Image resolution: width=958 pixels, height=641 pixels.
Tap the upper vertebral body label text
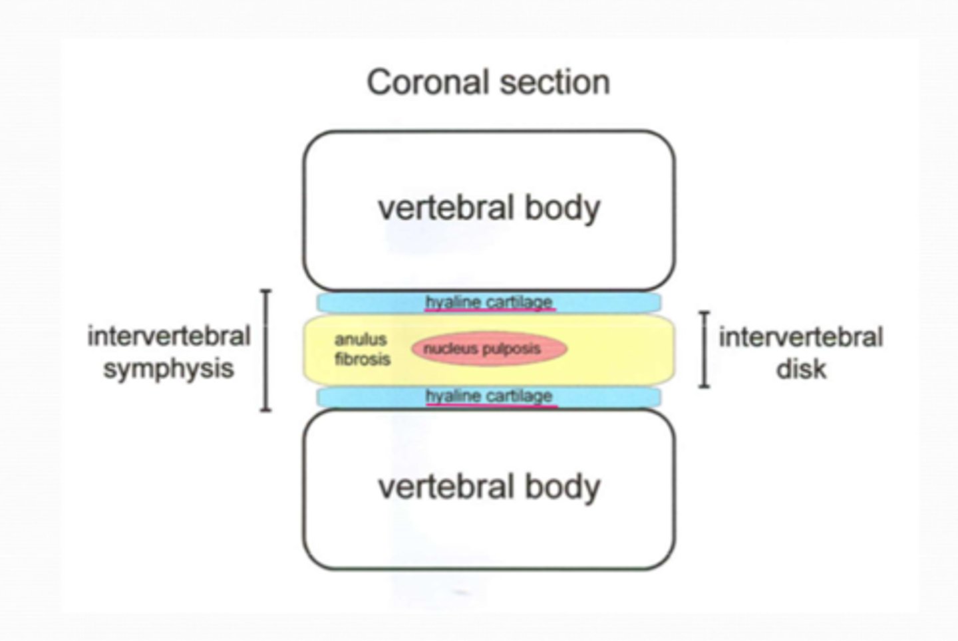489,207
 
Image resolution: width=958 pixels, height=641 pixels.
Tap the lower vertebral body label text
489,487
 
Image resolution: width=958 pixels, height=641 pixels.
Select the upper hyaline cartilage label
489,302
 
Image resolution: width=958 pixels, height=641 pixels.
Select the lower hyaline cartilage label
489,396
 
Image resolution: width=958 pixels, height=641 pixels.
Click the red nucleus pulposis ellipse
489,349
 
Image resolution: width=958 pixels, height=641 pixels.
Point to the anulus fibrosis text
361,349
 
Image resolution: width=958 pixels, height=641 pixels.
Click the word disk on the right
801,369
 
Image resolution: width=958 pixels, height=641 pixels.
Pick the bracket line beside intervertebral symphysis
265,350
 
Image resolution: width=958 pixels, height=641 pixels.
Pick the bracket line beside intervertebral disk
705,349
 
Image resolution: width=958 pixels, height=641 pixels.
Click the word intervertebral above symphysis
168,336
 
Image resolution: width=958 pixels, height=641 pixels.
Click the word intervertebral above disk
801,337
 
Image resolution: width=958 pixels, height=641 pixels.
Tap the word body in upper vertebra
563,207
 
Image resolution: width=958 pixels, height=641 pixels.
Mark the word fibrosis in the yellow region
362,360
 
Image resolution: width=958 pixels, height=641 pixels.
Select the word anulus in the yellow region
360,339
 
